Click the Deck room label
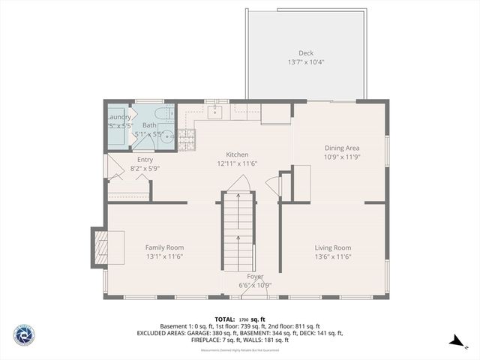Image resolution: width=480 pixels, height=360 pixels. [306, 52]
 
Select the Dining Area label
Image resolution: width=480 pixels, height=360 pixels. [341, 148]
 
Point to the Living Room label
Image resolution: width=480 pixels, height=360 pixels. [332, 247]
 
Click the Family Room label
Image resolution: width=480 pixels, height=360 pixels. [164, 247]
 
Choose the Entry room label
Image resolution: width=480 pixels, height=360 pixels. [145, 160]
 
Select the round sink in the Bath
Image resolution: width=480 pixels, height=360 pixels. [166, 136]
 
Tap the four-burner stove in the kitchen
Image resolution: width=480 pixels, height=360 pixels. [186, 137]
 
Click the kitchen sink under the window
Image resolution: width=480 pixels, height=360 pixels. [214, 112]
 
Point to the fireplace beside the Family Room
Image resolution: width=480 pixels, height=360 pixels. [99, 247]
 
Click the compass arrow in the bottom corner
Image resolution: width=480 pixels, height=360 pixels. [456, 341]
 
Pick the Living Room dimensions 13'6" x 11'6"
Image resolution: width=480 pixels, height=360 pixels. [332, 256]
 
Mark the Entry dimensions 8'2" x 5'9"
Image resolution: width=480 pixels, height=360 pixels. [145, 169]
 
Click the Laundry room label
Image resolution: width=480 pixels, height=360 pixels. [118, 117]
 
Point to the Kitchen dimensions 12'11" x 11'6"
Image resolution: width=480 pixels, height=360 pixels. [237, 163]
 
